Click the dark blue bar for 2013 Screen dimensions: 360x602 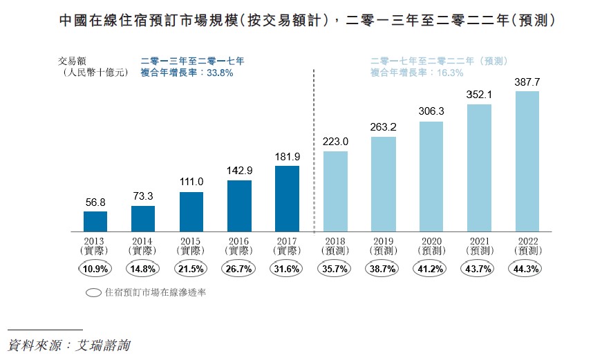[x=95, y=221]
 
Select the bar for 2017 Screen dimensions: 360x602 [x=288, y=198]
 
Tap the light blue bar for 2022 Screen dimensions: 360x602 [x=527, y=161]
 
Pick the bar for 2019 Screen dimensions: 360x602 [x=384, y=184]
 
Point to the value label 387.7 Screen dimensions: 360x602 [x=527, y=82]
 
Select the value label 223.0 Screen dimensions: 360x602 [x=335, y=142]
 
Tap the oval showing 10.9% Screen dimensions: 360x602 [x=95, y=269]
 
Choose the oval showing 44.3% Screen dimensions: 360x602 [x=527, y=269]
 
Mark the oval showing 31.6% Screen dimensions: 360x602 [x=288, y=269]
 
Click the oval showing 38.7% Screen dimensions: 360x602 [x=384, y=269]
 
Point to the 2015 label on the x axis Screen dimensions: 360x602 [x=191, y=240]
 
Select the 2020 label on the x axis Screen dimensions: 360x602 [x=431, y=240]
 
